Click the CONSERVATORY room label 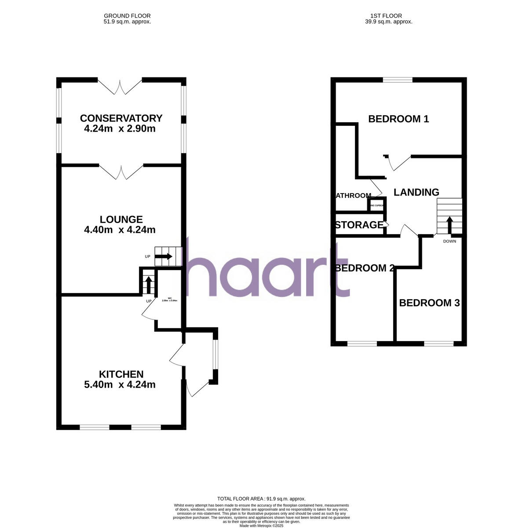[x=121, y=118]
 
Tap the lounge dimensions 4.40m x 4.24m [x=119, y=230]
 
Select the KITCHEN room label [x=121, y=374]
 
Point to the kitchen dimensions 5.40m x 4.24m [x=119, y=385]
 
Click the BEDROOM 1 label [x=398, y=119]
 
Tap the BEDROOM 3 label [x=429, y=303]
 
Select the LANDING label [x=416, y=192]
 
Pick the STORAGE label [x=359, y=225]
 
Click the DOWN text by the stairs [x=450, y=241]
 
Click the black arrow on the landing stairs [x=450, y=225]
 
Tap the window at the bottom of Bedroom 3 [x=439, y=344]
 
